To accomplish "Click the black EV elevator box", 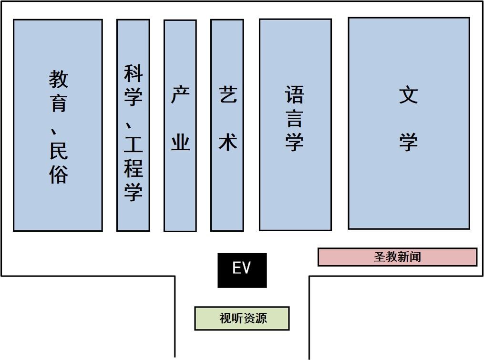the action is pyautogui.click(x=242, y=270).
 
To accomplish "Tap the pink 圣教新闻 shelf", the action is pyautogui.click(x=398, y=257).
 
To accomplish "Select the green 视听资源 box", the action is pyautogui.click(x=242, y=319).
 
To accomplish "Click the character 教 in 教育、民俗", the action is pyautogui.click(x=58, y=79).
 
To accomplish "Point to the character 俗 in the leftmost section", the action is pyautogui.click(x=58, y=174).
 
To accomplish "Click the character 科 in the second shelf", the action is pyautogui.click(x=134, y=73).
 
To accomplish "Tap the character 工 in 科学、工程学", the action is pyautogui.click(x=134, y=144).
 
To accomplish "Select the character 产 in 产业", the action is pyautogui.click(x=181, y=94).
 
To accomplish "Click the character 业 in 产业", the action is pyautogui.click(x=181, y=142).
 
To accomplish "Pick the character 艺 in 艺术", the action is pyautogui.click(x=228, y=94).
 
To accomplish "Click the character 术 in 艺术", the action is pyautogui.click(x=228, y=142).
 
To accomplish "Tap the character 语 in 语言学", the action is pyautogui.click(x=294, y=94).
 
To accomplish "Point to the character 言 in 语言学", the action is pyautogui.click(x=294, y=119).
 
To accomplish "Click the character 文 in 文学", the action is pyautogui.click(x=409, y=95).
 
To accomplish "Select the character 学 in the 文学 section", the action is pyautogui.click(x=409, y=142).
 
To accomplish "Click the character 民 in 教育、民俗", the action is pyautogui.click(x=58, y=151).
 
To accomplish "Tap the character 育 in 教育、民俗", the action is pyautogui.click(x=58, y=103).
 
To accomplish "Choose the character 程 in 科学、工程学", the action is pyautogui.click(x=134, y=168).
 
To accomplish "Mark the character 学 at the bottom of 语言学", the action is pyautogui.click(x=294, y=142).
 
